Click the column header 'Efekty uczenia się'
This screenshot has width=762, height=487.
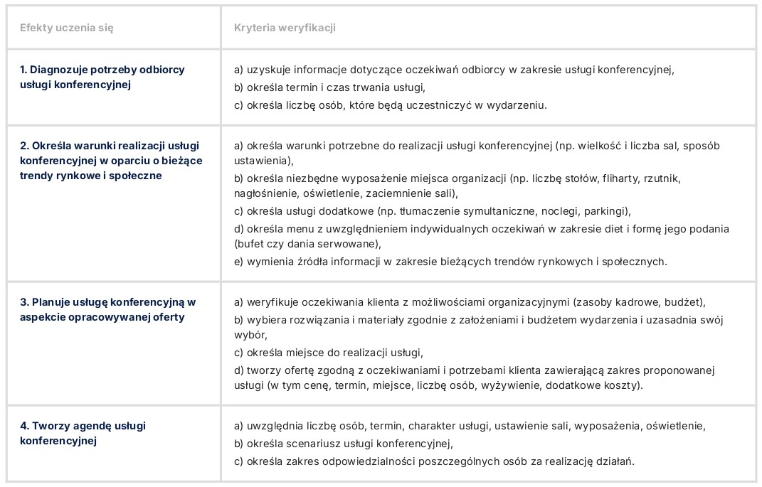pyautogui.click(x=67, y=28)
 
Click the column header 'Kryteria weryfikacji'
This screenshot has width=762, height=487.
pyautogui.click(x=285, y=28)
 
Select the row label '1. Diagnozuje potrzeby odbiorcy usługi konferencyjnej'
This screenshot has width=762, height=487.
pyautogui.click(x=102, y=77)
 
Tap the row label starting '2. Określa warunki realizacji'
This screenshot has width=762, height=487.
pyautogui.click(x=110, y=160)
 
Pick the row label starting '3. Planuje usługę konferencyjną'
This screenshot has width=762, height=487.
pyautogui.click(x=107, y=309)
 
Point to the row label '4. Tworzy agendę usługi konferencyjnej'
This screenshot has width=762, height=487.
pyautogui.click(x=83, y=433)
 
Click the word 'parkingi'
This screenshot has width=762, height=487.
pyautogui.click(x=607, y=211)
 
